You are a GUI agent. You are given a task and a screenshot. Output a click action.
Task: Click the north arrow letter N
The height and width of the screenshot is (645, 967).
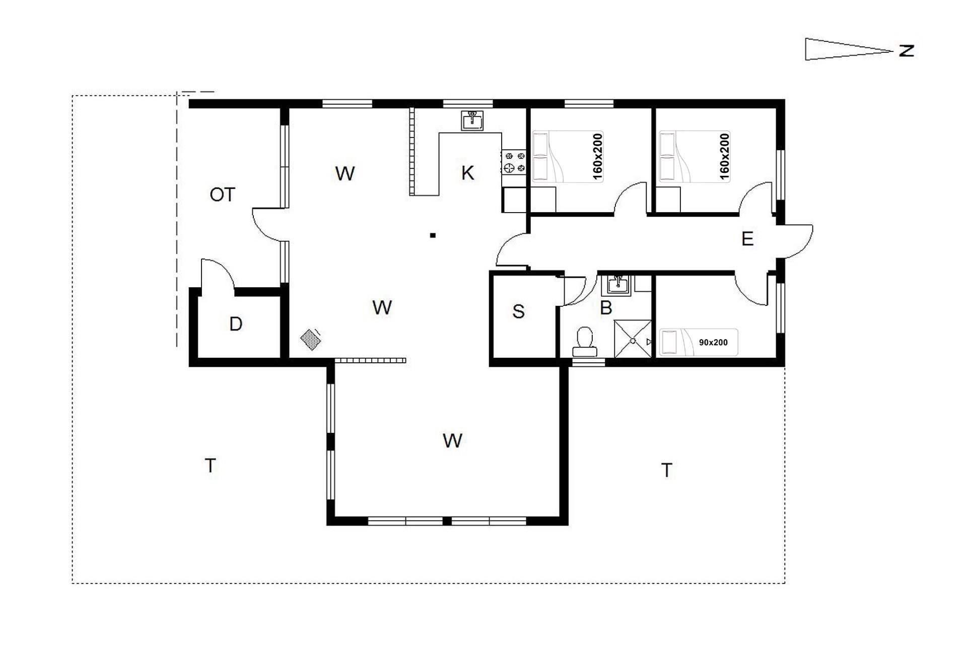(x=907, y=51)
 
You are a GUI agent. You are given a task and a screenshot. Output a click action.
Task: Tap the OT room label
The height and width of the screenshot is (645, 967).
(x=222, y=195)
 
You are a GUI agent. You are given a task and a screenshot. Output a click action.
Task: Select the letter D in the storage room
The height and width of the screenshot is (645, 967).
(x=236, y=324)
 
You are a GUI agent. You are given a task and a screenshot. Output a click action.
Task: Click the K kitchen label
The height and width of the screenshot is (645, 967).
(x=467, y=173)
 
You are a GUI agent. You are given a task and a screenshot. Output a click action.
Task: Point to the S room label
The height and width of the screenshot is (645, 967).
(x=518, y=311)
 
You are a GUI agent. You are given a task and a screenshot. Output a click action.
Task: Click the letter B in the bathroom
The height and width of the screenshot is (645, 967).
(x=606, y=307)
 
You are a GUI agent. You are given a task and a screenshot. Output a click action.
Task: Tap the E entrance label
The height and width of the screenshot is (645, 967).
(x=747, y=238)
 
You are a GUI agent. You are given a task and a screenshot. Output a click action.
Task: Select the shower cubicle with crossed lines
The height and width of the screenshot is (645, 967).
(x=633, y=339)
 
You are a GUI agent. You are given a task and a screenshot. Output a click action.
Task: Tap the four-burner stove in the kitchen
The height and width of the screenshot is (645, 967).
(x=514, y=162)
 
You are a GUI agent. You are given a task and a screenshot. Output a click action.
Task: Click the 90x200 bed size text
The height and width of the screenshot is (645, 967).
(x=713, y=343)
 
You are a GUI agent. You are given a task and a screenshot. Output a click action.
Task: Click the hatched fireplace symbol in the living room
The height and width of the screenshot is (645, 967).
(x=311, y=339)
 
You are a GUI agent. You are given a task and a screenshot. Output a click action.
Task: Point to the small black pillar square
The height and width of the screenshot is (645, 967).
(x=433, y=235)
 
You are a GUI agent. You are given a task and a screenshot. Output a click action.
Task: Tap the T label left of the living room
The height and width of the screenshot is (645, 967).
(x=211, y=465)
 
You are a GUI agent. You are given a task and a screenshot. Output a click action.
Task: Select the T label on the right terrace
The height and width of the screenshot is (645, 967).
(x=667, y=470)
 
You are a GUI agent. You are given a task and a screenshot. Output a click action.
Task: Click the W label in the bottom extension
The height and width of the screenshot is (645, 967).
(x=452, y=441)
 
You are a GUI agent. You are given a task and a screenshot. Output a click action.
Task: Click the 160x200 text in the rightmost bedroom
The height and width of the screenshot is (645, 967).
(x=724, y=156)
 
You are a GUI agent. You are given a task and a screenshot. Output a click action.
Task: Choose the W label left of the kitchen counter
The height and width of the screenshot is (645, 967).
(x=345, y=173)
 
